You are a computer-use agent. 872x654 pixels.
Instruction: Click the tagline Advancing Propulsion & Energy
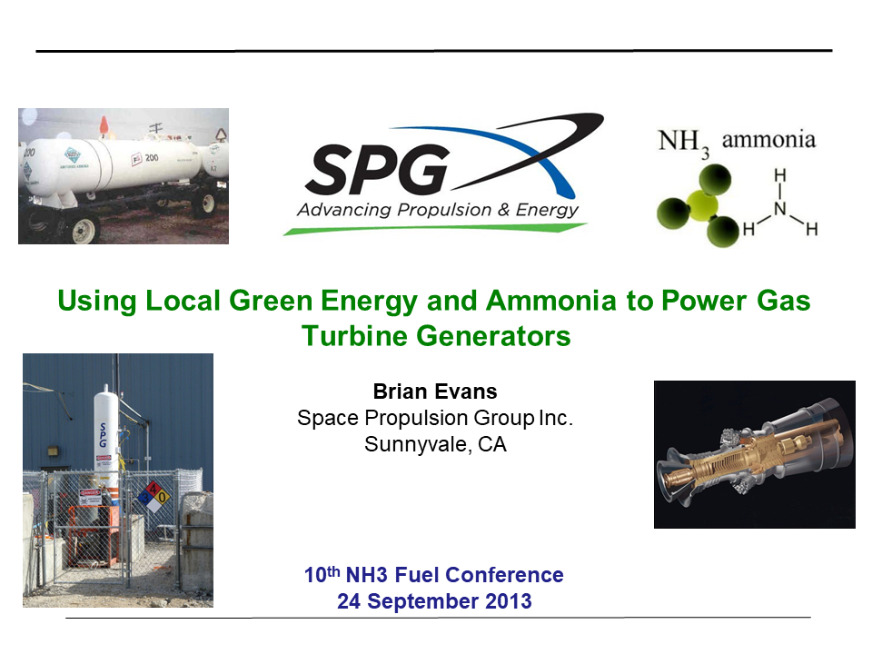tap(437, 210)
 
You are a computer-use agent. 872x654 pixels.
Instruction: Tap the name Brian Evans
tap(436, 391)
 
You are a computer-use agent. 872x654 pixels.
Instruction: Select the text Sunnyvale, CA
tap(435, 445)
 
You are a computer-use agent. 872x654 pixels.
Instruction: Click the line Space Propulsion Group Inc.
tap(436, 419)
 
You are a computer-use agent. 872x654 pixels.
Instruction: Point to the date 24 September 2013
tap(434, 601)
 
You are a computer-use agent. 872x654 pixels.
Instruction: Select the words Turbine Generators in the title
tap(436, 336)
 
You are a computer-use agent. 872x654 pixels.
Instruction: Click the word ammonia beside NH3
tap(768, 139)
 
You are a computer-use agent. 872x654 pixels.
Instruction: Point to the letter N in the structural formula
tap(779, 209)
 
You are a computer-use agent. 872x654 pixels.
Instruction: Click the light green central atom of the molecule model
tap(701, 202)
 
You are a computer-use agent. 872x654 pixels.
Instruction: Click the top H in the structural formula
tap(779, 176)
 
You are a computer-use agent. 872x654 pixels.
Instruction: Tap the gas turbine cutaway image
tap(754, 454)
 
